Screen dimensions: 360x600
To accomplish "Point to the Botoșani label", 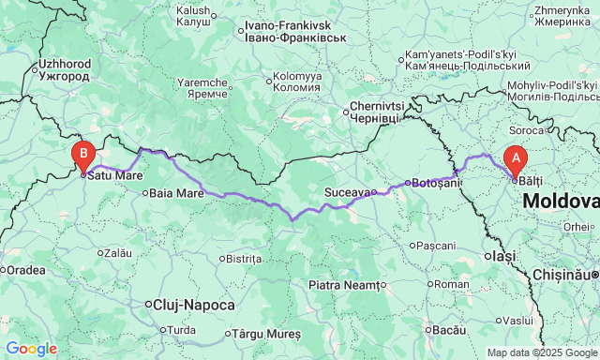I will coord(434,183).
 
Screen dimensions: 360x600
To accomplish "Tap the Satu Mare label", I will coord(115,174).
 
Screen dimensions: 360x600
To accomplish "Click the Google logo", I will coord(30,349).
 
